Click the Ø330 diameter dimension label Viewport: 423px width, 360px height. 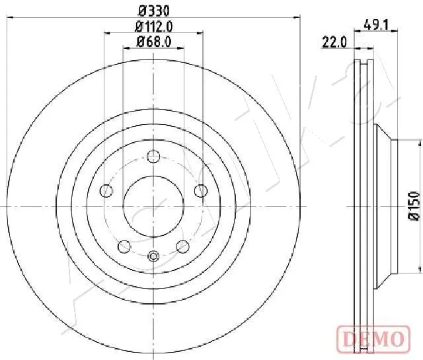click(153, 11)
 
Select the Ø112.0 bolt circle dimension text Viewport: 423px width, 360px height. click(153, 26)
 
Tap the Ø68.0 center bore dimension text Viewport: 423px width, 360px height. click(154, 42)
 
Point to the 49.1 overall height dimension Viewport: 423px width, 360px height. click(376, 25)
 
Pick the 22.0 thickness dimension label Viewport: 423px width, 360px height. click(334, 42)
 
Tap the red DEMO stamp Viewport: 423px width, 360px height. click(373, 338)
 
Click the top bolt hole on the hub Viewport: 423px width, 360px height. click(153, 157)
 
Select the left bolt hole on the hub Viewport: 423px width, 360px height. click(106, 191)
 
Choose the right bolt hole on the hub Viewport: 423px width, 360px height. click(201, 191)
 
